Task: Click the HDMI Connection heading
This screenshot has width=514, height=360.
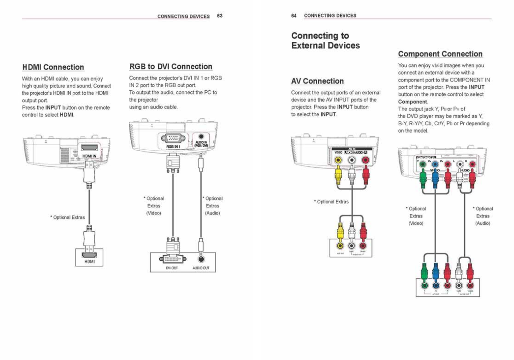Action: click(53, 67)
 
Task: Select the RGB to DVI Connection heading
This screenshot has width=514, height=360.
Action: click(171, 67)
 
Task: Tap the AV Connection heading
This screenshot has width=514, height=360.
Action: click(317, 81)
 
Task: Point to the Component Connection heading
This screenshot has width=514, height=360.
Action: click(440, 54)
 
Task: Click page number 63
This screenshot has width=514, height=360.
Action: click(220, 16)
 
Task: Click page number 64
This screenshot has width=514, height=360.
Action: click(294, 16)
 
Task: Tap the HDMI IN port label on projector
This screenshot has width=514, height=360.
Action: click(89, 156)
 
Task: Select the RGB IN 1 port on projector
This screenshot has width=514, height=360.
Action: click(173, 139)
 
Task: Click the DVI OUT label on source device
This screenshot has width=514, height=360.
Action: click(172, 268)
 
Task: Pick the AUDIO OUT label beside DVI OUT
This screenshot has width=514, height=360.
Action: click(201, 268)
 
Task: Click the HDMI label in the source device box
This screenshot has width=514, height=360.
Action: click(90, 261)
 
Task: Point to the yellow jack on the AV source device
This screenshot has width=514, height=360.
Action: click(340, 246)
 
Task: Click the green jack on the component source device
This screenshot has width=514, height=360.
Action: click(424, 285)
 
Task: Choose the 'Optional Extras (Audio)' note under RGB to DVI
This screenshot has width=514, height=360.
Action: click(213, 206)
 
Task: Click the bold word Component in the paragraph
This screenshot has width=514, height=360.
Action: click(412, 102)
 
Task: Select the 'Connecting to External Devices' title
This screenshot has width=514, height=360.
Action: click(325, 41)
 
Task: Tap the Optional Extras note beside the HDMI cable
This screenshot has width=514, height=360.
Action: click(68, 217)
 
